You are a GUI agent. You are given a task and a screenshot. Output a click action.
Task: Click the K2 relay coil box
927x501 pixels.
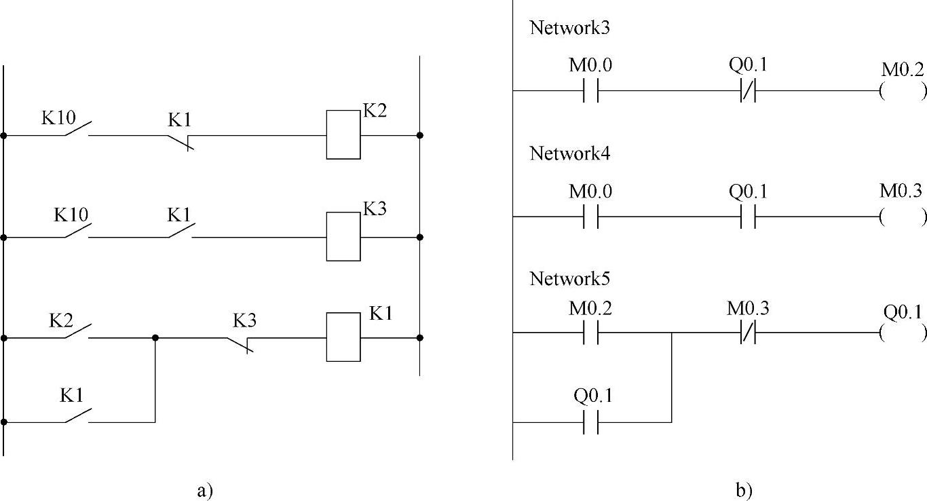343,134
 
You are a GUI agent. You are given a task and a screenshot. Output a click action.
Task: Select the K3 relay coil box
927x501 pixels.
343,236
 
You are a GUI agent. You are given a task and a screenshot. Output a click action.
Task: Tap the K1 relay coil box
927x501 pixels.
343,337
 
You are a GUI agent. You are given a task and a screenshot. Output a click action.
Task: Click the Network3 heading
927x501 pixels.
572,28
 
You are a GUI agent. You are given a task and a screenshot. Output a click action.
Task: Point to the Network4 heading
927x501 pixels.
572,153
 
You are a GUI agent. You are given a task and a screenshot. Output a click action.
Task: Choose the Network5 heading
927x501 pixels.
572,279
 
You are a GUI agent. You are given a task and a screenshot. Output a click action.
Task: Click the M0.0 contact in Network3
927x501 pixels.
590,91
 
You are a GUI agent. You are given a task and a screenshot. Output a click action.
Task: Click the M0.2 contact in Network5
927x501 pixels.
590,333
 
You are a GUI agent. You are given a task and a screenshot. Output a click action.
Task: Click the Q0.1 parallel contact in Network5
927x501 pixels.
590,422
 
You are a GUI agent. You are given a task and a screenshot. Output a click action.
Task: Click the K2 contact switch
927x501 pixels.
76,333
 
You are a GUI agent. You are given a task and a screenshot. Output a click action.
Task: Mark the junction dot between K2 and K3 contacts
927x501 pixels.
155,337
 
